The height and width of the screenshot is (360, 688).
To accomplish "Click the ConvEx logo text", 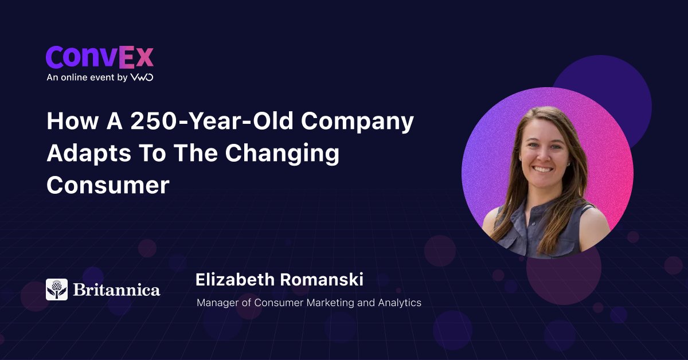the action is pyautogui.click(x=100, y=57).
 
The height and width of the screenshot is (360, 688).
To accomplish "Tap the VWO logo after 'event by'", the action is pyautogui.click(x=142, y=77).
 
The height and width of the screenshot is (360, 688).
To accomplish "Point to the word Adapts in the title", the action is pyautogui.click(x=89, y=154).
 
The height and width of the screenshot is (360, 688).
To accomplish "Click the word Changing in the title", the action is pyautogui.click(x=282, y=154).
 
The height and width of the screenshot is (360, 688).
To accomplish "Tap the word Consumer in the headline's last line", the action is pyautogui.click(x=108, y=185).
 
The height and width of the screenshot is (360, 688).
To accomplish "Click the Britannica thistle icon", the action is pyautogui.click(x=57, y=289).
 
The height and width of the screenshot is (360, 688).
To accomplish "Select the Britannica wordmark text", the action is pyautogui.click(x=117, y=289).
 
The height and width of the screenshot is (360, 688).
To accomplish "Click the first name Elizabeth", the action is pyautogui.click(x=235, y=280).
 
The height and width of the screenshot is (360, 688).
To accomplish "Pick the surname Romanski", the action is pyautogui.click(x=322, y=280).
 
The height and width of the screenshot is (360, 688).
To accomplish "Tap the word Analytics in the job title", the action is pyautogui.click(x=400, y=303).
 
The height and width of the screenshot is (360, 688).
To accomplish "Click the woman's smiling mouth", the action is pyautogui.click(x=543, y=169).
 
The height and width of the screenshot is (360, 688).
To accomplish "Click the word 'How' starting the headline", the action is pyautogui.click(x=72, y=121).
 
